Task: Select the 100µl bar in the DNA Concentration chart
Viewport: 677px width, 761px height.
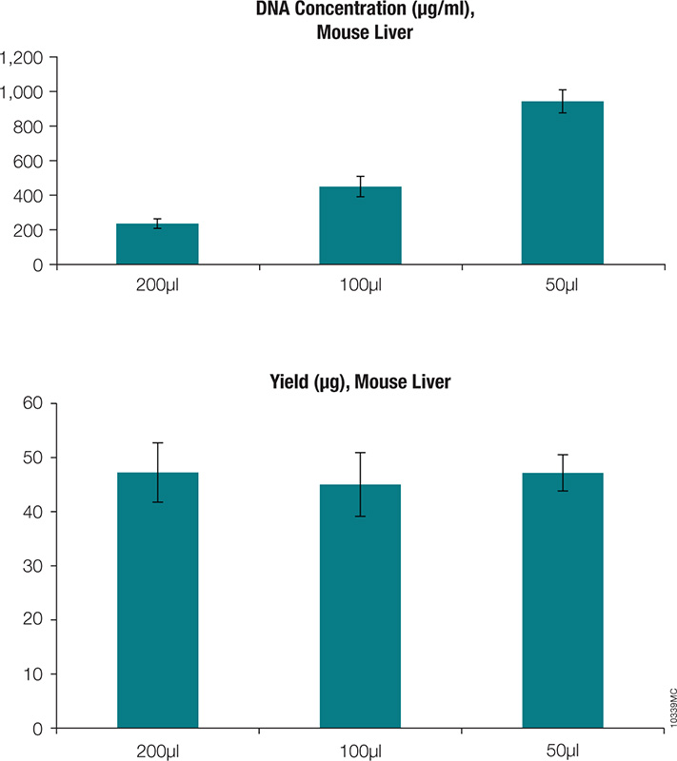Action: (x=360, y=225)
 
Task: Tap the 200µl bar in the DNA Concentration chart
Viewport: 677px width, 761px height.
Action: (x=157, y=244)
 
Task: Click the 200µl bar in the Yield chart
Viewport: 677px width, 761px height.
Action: (x=157, y=599)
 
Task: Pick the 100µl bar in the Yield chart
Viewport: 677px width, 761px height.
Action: (x=360, y=606)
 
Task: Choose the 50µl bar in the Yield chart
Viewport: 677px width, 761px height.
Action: (x=562, y=599)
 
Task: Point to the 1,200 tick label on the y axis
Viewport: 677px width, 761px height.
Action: (x=23, y=57)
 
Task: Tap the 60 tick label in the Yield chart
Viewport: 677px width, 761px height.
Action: (x=33, y=403)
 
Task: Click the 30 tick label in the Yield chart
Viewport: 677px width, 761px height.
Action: (x=33, y=566)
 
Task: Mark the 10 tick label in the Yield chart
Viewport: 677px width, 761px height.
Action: (x=33, y=674)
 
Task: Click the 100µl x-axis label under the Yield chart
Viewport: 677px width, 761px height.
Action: (x=360, y=749)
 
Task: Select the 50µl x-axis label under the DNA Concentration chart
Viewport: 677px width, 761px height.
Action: (x=562, y=284)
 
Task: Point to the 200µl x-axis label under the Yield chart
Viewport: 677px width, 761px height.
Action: (x=157, y=749)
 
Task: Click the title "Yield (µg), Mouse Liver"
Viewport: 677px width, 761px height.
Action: (x=360, y=383)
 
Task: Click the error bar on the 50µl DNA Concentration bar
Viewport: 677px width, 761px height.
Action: (x=562, y=101)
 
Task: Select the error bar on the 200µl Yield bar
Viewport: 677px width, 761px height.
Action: (x=157, y=472)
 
